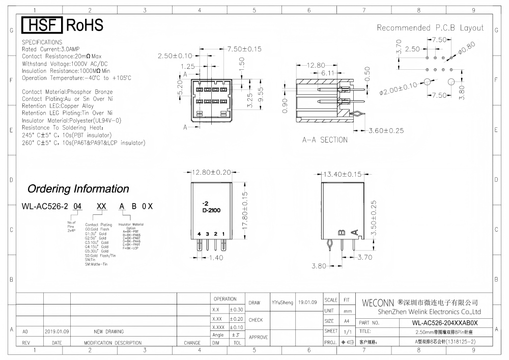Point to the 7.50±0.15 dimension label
coord(244,49)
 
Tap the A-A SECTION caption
coord(325,140)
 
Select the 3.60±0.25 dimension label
coord(385,130)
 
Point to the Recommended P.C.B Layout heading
coord(430,28)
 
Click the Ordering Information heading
coord(78,189)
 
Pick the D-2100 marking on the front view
coord(211,210)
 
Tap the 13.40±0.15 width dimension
coord(343,174)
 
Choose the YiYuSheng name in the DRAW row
coord(282,302)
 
